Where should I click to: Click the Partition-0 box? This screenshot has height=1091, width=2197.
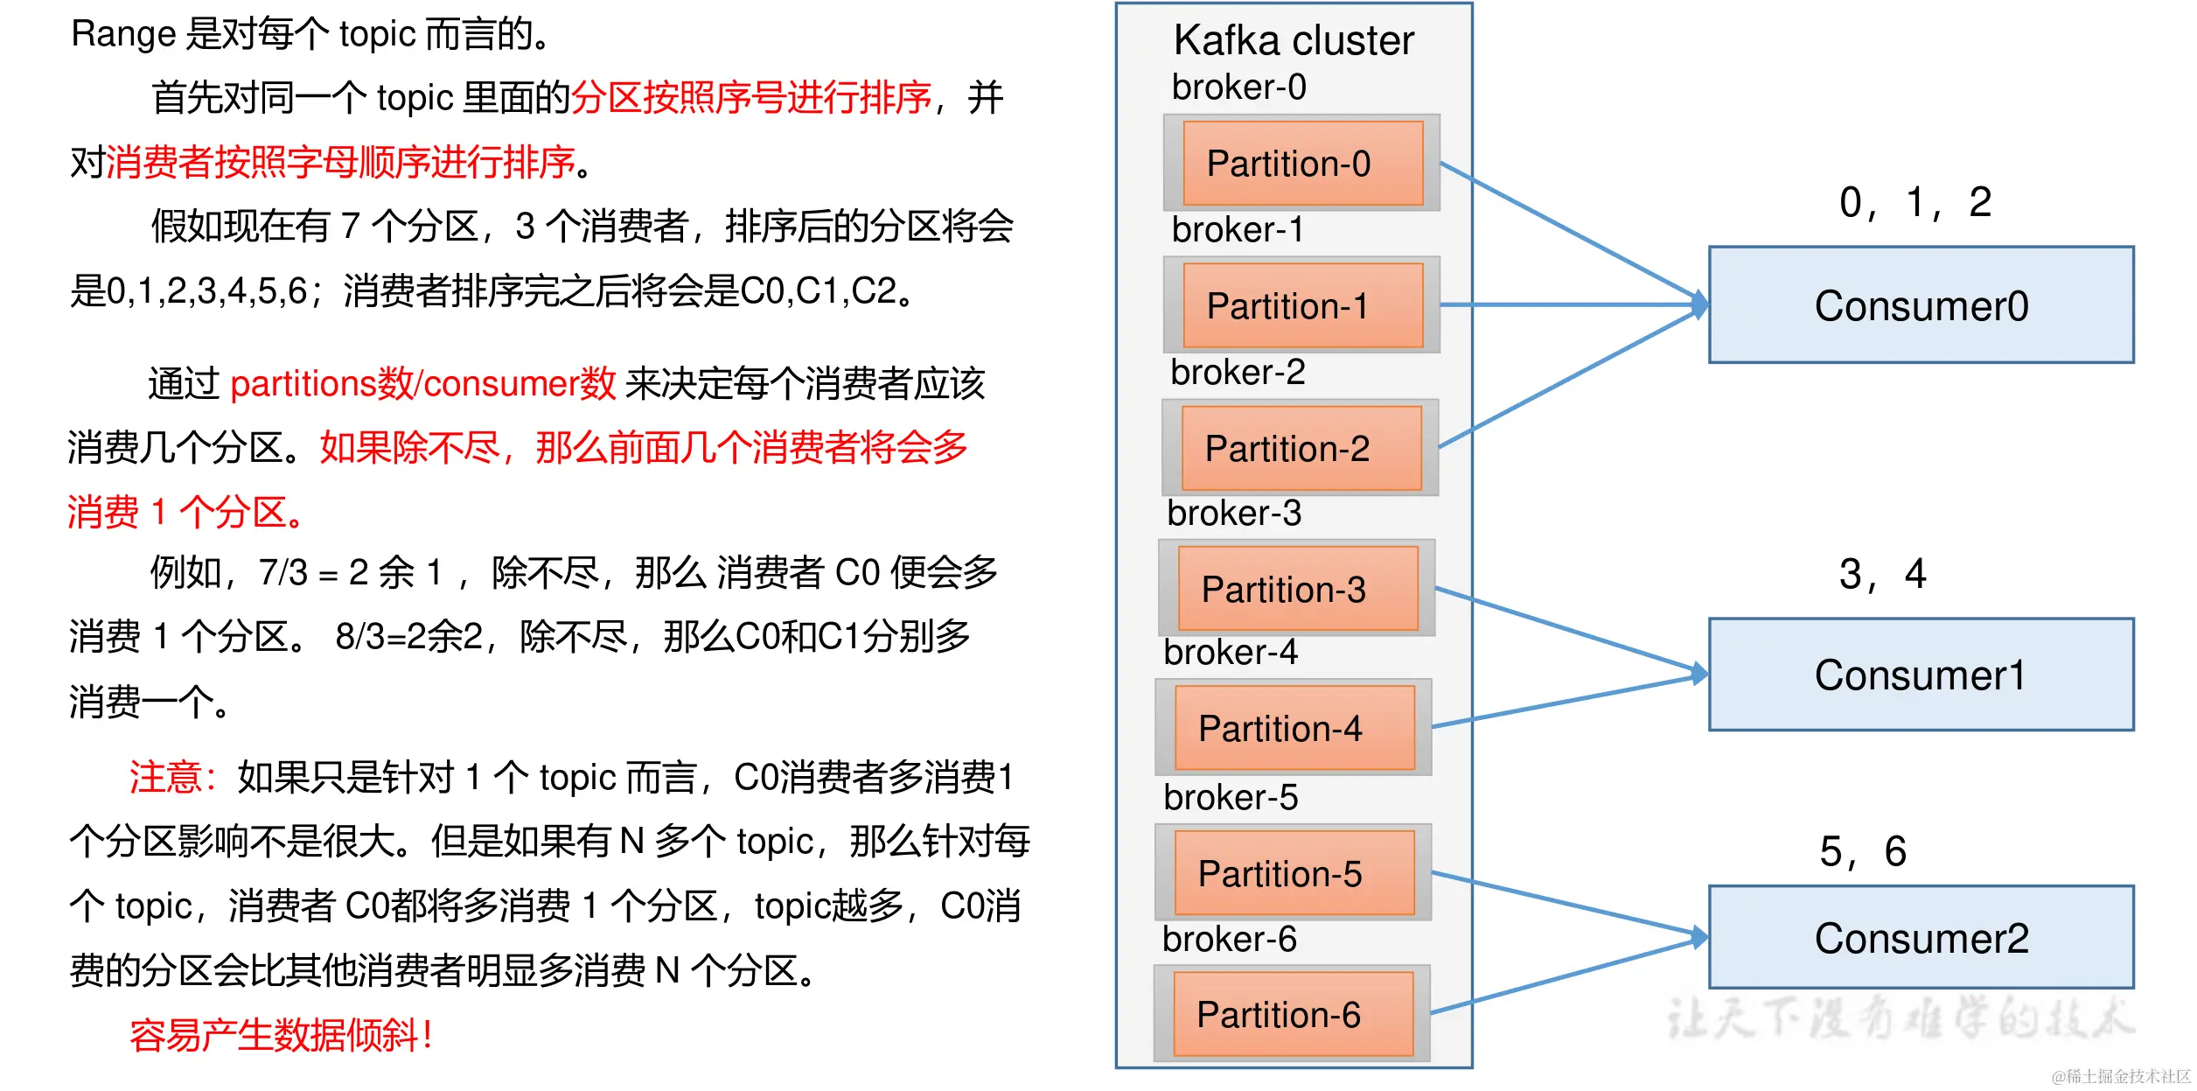pyautogui.click(x=1302, y=164)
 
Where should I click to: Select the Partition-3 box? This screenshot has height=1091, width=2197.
pyautogui.click(x=1297, y=589)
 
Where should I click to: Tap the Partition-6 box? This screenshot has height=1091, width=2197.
pyautogui.click(x=1292, y=1015)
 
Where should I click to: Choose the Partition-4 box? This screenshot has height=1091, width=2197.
pyautogui.click(x=1294, y=729)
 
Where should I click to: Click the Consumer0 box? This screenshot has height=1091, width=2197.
pyautogui.click(x=1921, y=305)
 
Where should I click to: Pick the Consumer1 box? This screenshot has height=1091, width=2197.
pyautogui.click(x=1921, y=675)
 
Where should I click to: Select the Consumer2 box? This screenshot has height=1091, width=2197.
pyautogui.click(x=1921, y=938)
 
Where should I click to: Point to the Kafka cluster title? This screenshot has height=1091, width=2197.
pyautogui.click(x=1293, y=40)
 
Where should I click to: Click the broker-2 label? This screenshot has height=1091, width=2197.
pyautogui.click(x=1237, y=373)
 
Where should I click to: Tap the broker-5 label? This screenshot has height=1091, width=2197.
pyautogui.click(x=1230, y=797)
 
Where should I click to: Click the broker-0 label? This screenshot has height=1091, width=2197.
pyautogui.click(x=1238, y=87)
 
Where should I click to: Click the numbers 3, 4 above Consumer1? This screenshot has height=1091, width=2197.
pyautogui.click(x=1881, y=575)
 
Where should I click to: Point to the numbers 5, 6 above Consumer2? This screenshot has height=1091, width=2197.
pyautogui.click(x=1862, y=851)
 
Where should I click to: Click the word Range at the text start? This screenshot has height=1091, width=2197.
pyautogui.click(x=123, y=35)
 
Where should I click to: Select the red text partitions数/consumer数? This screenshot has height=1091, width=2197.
pyautogui.click(x=422, y=384)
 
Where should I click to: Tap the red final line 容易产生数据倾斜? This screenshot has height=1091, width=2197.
pyautogui.click(x=280, y=1035)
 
